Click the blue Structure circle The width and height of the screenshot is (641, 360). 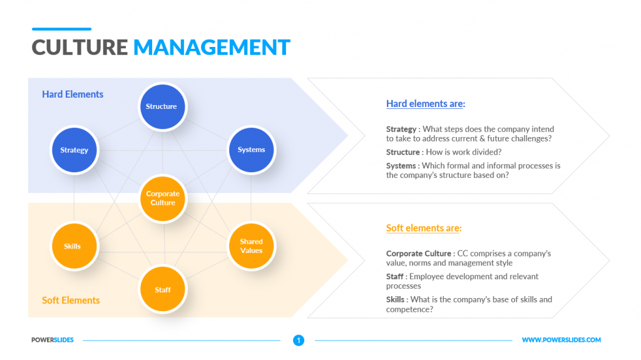(162, 106)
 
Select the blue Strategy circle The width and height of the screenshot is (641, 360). (74, 150)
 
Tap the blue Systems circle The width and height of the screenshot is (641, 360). (251, 150)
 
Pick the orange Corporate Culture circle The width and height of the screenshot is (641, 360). (163, 198)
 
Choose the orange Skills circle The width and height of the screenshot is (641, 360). (73, 246)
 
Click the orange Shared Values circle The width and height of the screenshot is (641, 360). (251, 246)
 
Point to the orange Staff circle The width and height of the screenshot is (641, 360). (163, 290)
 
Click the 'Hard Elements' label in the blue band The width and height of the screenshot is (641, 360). (73, 95)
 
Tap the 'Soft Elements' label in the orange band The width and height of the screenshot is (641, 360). (71, 301)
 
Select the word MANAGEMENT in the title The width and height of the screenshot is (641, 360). (212, 48)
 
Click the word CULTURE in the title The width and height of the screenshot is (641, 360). (79, 48)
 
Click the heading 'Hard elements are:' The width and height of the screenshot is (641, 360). (425, 104)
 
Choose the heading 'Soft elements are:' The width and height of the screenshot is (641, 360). (423, 229)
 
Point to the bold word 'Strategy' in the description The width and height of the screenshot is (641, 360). (401, 130)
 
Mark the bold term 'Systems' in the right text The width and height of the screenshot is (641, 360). (401, 166)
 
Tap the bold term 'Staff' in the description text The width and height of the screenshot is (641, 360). (395, 277)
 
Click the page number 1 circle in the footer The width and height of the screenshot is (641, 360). (299, 341)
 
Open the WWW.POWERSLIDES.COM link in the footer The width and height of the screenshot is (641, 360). (561, 340)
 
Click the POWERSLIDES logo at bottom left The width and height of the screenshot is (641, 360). (53, 340)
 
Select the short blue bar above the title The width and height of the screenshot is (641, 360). (61, 29)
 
